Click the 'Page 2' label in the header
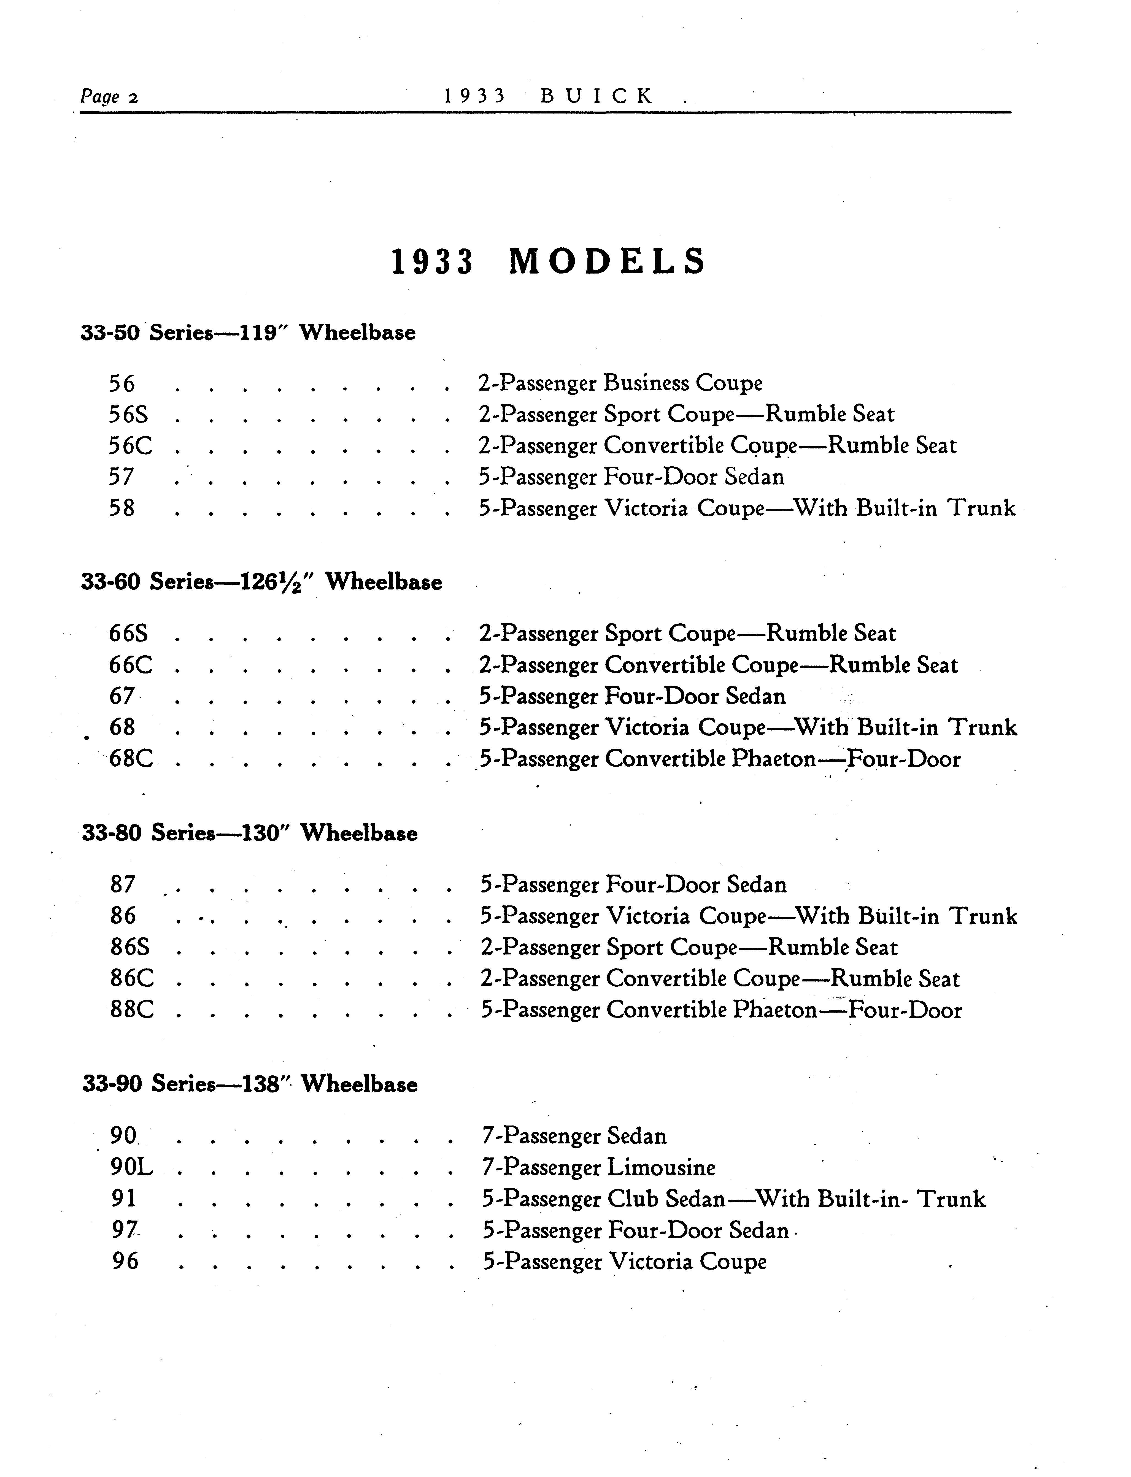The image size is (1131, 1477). click(109, 97)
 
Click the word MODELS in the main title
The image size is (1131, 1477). click(607, 262)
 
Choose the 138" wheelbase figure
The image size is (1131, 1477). click(266, 1084)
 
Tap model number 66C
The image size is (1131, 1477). click(131, 665)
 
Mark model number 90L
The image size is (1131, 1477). click(132, 1167)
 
